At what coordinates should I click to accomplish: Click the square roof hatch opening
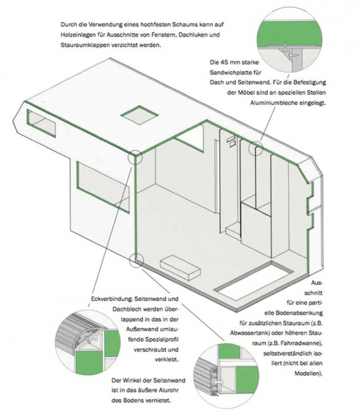pyautogui.click(x=140, y=115)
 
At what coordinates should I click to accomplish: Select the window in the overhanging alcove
pyautogui.click(x=41, y=123)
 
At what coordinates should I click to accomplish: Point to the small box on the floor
pyautogui.click(x=180, y=268)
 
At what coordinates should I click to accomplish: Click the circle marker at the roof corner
pyautogui.click(x=135, y=158)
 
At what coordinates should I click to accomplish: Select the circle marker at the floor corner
pyautogui.click(x=136, y=259)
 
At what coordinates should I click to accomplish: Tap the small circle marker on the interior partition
pyautogui.click(x=256, y=148)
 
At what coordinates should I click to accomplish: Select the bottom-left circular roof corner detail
pyautogui.click(x=87, y=342)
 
